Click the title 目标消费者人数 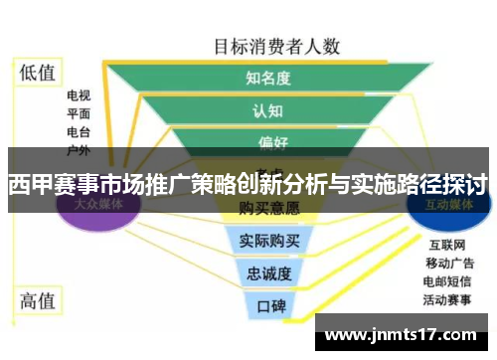tap(277, 45)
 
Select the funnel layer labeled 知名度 tap(267, 78)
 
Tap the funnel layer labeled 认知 tap(267, 110)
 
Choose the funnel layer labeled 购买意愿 tap(268, 208)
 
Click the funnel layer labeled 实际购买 tap(269, 240)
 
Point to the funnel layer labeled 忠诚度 tap(269, 272)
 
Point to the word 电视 tap(79, 96)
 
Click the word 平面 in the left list tap(79, 114)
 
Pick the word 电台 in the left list tap(79, 132)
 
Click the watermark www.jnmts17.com tap(402, 336)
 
